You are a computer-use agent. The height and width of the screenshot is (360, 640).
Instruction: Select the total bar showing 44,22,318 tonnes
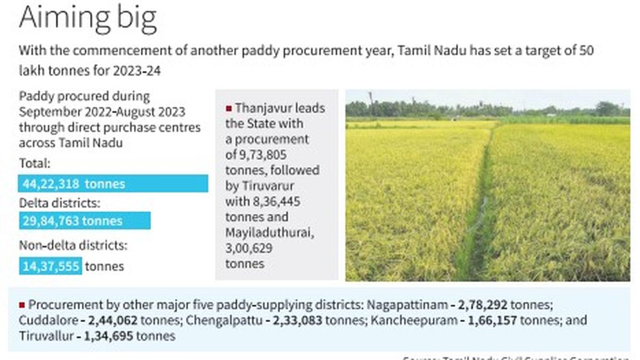(x=113, y=183)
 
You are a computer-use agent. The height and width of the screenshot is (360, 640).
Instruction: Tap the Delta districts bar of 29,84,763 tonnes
(x=84, y=221)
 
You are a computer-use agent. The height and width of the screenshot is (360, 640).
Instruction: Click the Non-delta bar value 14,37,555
(x=51, y=266)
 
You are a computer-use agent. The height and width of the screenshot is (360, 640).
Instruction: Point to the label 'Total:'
(x=35, y=164)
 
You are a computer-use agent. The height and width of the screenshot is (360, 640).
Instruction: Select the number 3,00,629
(x=249, y=248)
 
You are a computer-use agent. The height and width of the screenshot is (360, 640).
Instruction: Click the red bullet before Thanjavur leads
(x=229, y=108)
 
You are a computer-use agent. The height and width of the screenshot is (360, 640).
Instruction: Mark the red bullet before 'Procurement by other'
(x=22, y=305)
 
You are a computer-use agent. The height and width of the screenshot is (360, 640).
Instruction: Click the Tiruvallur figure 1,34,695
(x=108, y=336)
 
